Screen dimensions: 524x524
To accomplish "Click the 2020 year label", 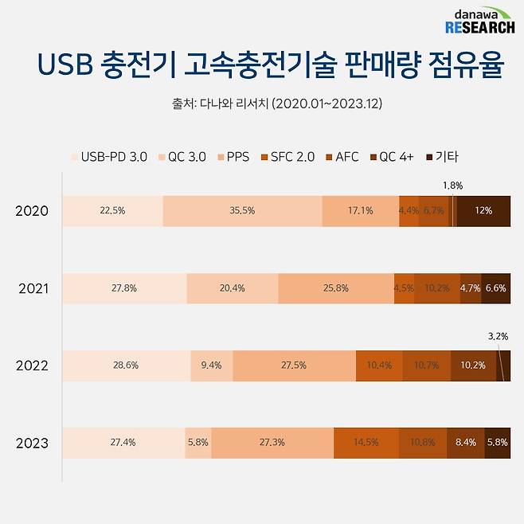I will (x=32, y=211).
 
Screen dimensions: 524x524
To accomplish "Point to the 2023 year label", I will (x=32, y=444).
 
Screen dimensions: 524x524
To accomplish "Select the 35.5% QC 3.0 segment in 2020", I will (x=242, y=211).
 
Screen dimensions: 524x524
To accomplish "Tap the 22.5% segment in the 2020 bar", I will (x=112, y=211).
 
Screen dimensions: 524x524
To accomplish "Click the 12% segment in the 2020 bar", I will (x=483, y=211).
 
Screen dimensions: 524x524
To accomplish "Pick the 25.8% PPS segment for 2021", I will (x=336, y=288).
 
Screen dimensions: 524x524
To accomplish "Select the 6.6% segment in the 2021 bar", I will (x=496, y=288).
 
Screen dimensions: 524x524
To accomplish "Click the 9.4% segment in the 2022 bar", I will (x=212, y=366).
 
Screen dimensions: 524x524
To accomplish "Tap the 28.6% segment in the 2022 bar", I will (x=126, y=366).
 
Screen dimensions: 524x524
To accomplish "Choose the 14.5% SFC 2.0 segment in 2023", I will (x=366, y=444).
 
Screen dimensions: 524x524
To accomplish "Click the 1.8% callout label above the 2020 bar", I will (x=452, y=186).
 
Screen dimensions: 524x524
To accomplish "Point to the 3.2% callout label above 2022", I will (x=497, y=337).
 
